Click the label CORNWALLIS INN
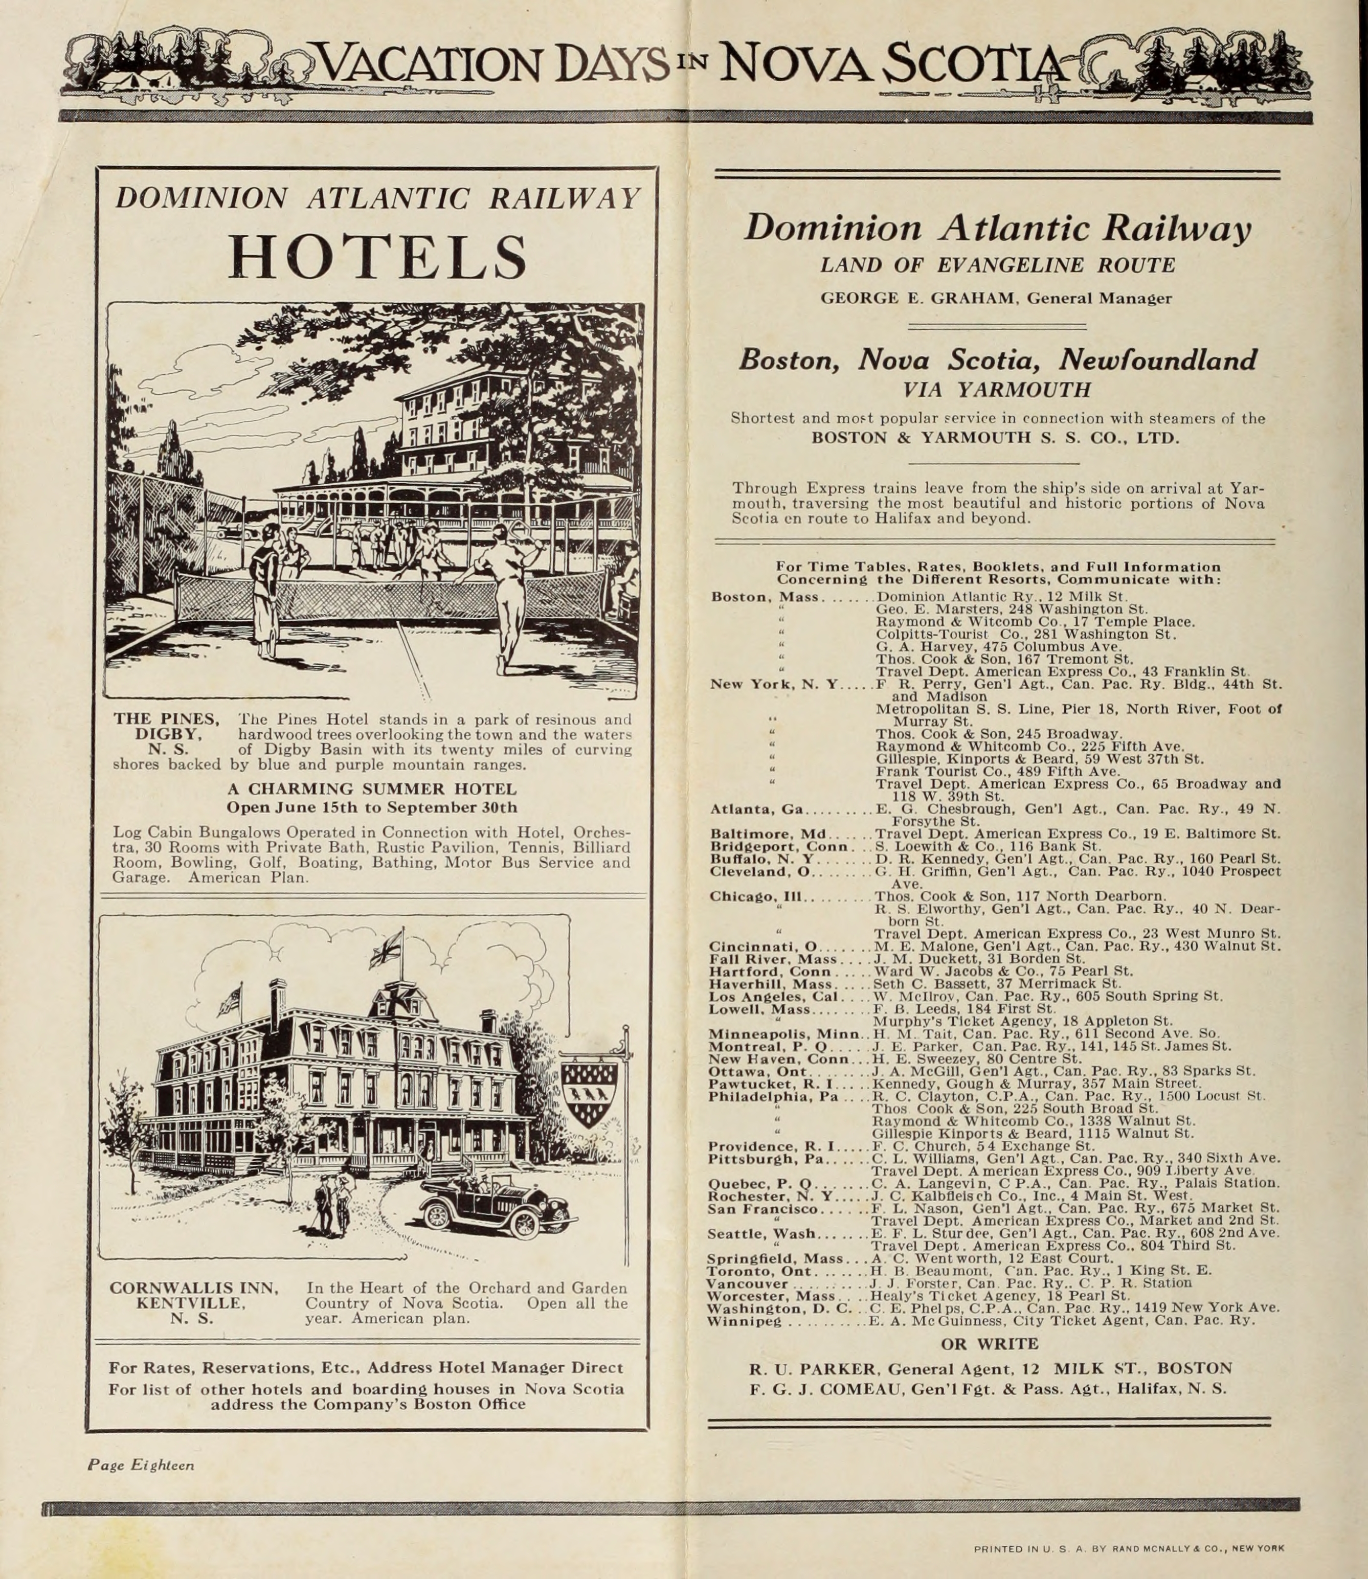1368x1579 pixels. pyautogui.click(x=194, y=1288)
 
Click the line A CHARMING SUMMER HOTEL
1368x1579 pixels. pyautogui.click(x=372, y=788)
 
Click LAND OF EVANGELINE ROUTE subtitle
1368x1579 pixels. pyautogui.click(x=997, y=265)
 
